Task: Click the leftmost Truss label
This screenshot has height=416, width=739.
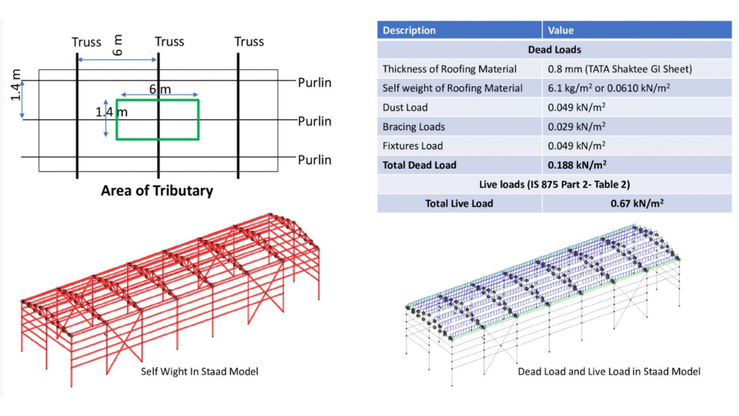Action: coord(86,42)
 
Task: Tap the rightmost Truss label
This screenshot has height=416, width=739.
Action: coord(249,42)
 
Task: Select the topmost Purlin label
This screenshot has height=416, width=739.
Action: coord(315,82)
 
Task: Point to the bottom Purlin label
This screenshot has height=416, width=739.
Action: coord(315,160)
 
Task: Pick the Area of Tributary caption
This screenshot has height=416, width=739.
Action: coord(156,190)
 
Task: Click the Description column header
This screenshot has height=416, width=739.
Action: coord(409,31)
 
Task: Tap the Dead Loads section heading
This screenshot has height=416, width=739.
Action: coord(553,50)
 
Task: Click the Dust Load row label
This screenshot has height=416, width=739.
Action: coord(405,108)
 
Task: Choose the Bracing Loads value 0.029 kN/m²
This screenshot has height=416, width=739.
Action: coord(577,126)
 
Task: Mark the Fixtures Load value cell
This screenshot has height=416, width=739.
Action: coord(577,146)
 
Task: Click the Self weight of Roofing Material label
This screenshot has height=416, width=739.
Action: coord(453,89)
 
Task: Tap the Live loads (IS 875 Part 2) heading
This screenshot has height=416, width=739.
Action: coord(553,184)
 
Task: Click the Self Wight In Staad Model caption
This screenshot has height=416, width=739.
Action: coord(199,372)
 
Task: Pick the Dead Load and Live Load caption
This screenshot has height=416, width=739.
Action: coord(609,372)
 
